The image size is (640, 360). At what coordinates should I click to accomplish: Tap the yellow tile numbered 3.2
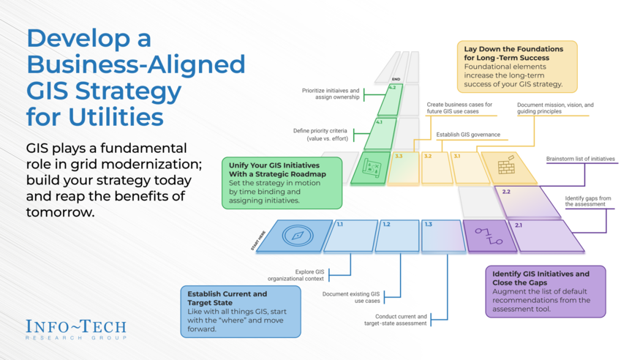click(x=437, y=168)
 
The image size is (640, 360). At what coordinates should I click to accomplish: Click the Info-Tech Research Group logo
click(x=75, y=329)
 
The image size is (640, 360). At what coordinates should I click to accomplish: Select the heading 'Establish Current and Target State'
click(x=222, y=298)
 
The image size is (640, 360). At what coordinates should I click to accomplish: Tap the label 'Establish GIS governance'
click(x=468, y=135)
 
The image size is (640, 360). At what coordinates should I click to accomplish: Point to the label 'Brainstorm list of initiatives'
click(x=580, y=159)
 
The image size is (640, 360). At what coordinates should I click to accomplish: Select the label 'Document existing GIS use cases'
click(x=351, y=297)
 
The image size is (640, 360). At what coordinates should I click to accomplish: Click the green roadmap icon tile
click(x=370, y=168)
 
